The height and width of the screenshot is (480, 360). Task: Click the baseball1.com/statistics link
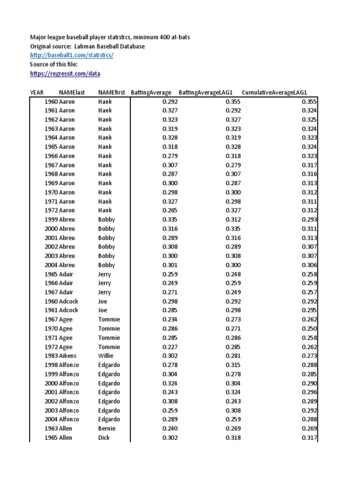pos(72,56)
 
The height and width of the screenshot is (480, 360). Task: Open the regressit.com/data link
pos(65,74)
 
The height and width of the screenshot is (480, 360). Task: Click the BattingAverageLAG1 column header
pos(206,92)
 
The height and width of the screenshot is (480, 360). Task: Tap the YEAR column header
pos(37,92)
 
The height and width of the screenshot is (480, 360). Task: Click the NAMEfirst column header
pos(112,92)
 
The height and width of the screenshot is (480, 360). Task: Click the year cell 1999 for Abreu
pos(51,220)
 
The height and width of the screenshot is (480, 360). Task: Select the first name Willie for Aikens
pos(106,356)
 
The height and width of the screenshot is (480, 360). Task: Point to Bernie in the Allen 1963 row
pos(107,428)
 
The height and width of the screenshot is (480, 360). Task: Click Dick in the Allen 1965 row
pos(104,438)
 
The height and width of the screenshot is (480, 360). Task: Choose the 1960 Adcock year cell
pos(51,301)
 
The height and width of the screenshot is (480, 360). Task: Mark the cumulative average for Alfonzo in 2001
pos(309,392)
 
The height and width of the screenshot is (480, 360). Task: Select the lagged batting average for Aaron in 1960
pos(233,102)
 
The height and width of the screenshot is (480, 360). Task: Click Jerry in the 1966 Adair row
pos(105,283)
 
